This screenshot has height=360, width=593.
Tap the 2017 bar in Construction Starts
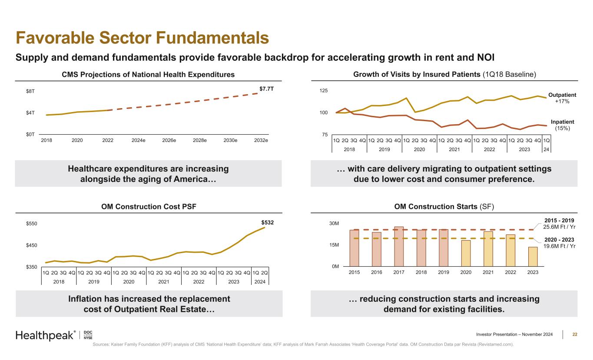pos(399,246)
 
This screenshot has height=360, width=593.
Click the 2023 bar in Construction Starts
pos(533,256)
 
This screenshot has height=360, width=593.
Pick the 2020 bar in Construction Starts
pos(466,253)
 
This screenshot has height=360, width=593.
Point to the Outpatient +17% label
pos(562,98)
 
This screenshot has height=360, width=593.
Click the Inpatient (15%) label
pos(562,125)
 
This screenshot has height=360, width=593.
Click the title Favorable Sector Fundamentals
pos(142,38)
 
